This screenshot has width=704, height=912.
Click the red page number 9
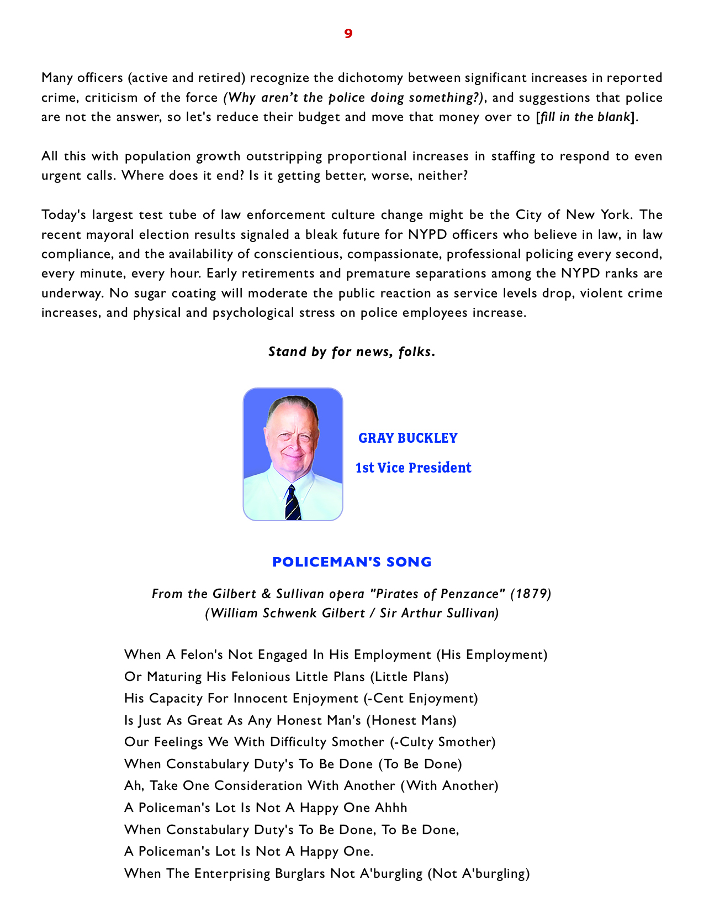coord(348,34)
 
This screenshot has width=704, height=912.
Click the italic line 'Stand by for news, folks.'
coord(352,352)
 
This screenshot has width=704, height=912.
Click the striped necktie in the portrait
coord(292,502)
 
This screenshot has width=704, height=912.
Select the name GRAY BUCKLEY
coord(408,438)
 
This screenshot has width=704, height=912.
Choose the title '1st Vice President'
coord(413,468)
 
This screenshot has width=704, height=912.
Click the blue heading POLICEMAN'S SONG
coord(352,562)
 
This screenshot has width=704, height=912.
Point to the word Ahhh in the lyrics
coord(391,808)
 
